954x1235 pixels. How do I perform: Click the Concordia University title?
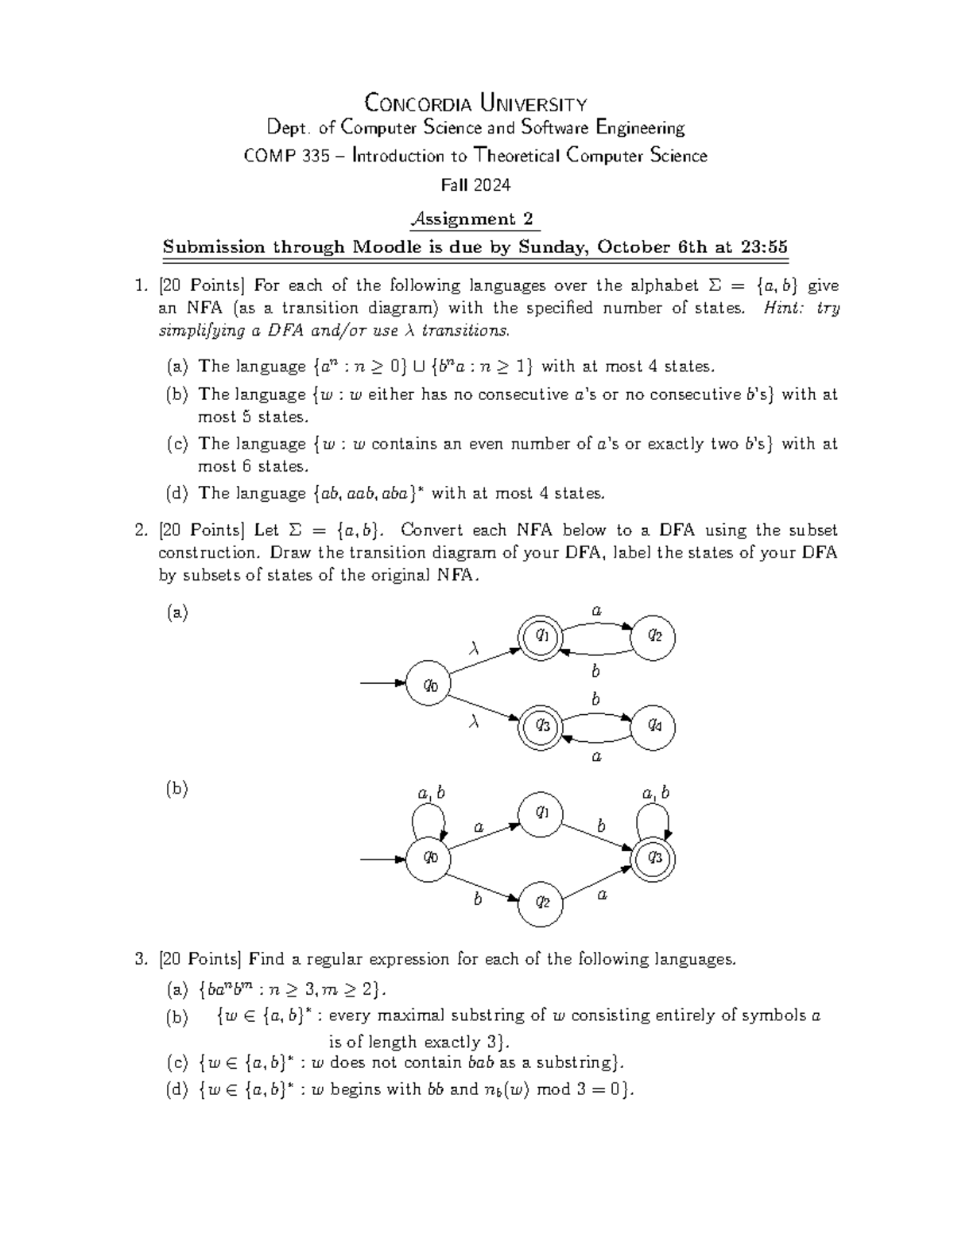pyautogui.click(x=475, y=103)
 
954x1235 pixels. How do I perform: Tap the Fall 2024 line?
pyautogui.click(x=475, y=185)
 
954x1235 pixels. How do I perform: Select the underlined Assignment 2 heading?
pyautogui.click(x=474, y=219)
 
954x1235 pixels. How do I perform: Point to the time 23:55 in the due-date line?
pyautogui.click(x=763, y=247)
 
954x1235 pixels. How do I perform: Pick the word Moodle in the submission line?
pyautogui.click(x=388, y=247)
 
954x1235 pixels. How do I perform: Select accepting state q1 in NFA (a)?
pyautogui.click(x=541, y=635)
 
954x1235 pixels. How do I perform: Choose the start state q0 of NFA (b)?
pyautogui.click(x=429, y=857)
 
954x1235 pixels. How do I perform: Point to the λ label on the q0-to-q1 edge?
pyautogui.click(x=475, y=651)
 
